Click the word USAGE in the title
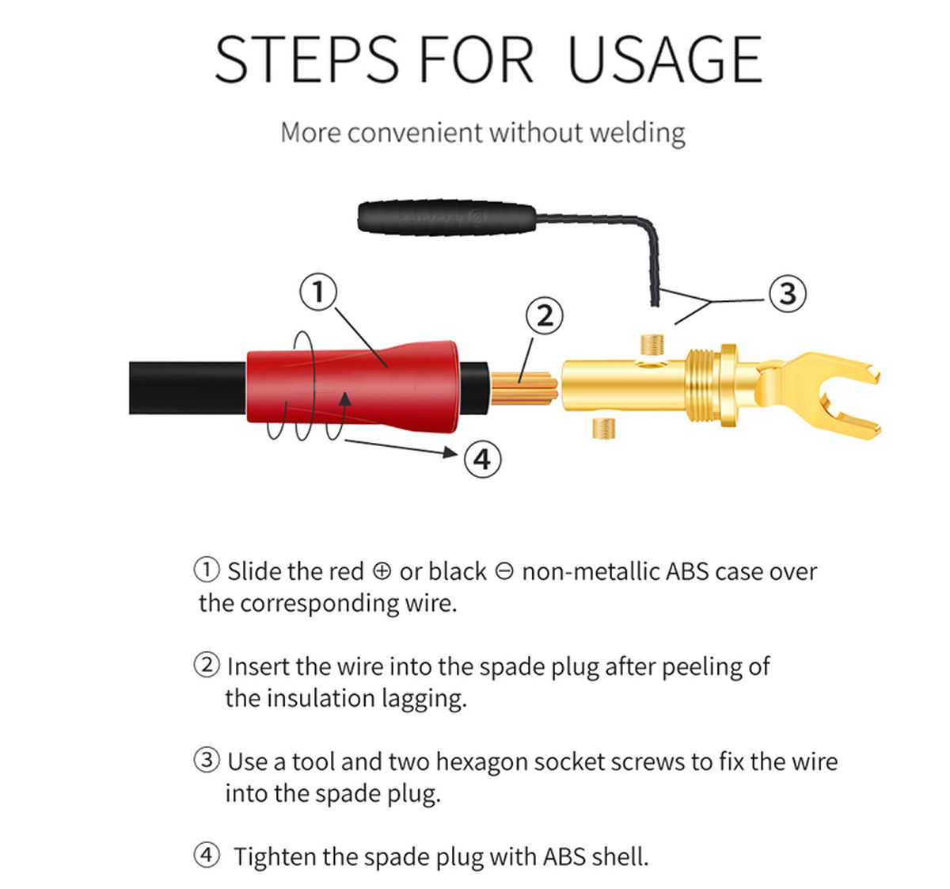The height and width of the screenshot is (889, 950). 665,60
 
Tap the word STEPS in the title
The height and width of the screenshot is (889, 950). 306,60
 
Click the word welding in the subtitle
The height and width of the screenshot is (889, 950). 637,132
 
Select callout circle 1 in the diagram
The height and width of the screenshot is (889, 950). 318,292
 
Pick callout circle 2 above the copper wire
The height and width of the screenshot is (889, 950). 545,316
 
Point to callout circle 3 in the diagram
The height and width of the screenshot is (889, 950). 788,294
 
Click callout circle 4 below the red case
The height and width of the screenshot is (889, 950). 483,460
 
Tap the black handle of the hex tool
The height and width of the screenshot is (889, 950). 446,218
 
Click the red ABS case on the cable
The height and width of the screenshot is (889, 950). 353,387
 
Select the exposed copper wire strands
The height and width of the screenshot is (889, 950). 524,388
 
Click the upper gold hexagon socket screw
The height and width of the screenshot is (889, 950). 652,345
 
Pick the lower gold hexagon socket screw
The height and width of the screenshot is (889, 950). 604,428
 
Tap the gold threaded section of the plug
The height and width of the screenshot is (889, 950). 703,386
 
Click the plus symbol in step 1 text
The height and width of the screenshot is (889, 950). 382,571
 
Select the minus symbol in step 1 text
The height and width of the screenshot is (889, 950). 504,571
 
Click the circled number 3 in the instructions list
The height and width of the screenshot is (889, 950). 207,760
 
